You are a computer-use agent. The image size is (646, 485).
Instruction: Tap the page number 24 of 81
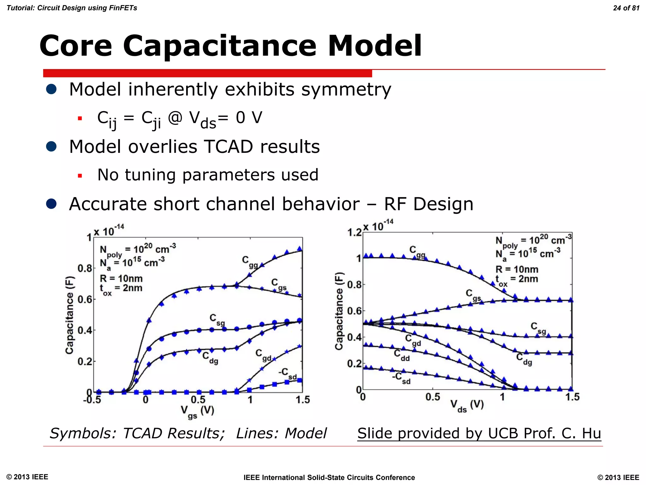626,8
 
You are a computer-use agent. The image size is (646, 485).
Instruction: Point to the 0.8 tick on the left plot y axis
85,269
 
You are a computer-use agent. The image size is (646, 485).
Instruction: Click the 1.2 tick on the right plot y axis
354,233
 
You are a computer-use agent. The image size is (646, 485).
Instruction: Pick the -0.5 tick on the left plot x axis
92,400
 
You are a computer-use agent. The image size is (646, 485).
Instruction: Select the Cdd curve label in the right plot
402,355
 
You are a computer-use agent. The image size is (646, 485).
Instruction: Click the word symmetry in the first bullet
346,89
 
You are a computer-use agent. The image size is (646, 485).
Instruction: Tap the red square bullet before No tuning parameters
80,176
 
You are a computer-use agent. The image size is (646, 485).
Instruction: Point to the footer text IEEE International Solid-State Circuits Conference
329,477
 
